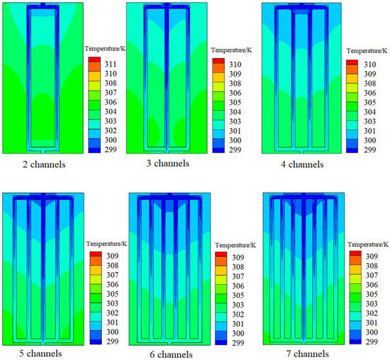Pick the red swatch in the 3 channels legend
point(218,64)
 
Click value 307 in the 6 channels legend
point(238,277)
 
